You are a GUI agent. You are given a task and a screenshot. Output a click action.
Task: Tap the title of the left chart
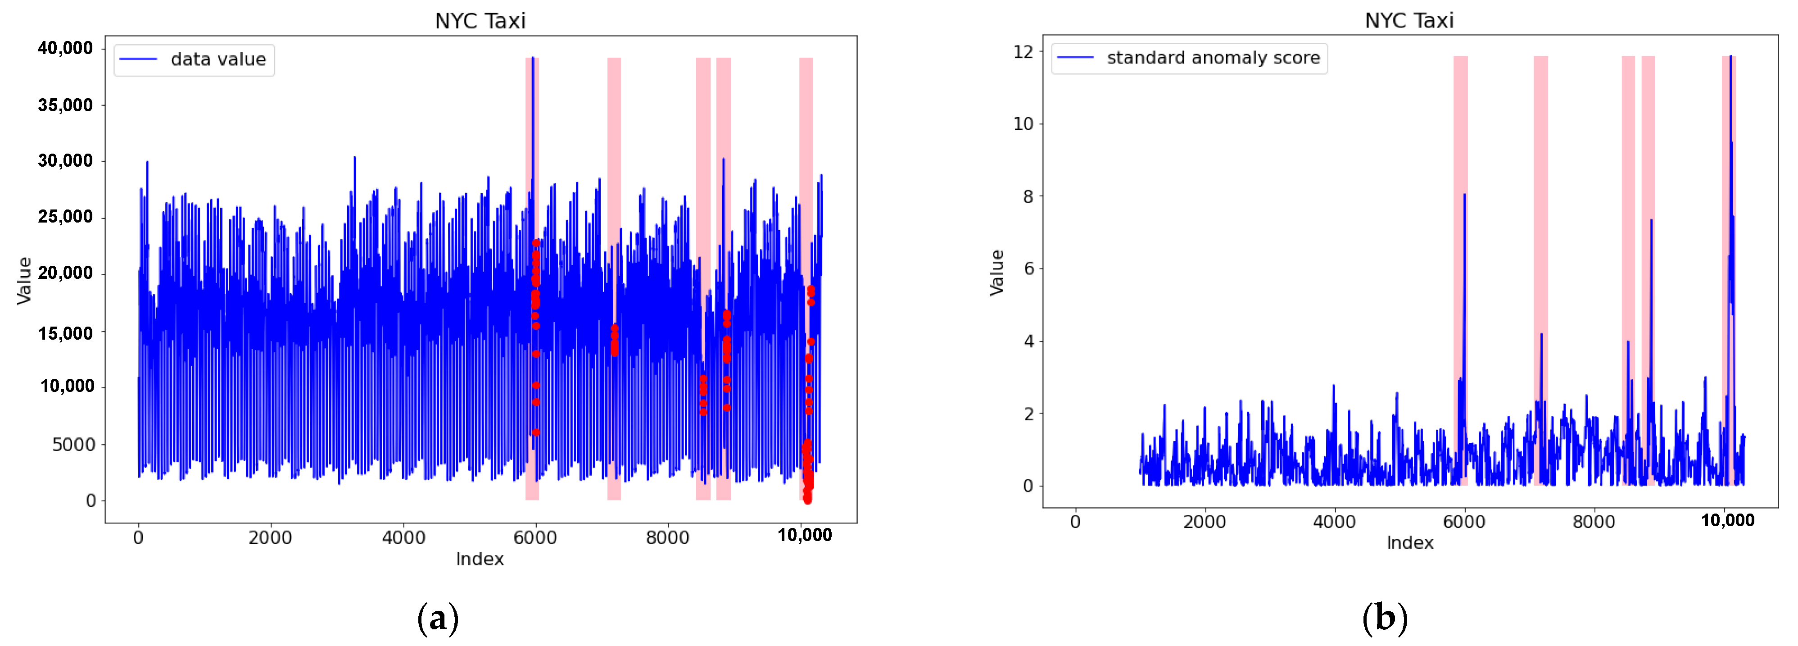tap(480, 21)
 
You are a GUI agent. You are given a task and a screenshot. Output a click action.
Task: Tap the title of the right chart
tap(1409, 20)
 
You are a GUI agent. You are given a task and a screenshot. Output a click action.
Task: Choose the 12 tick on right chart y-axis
tap(1023, 52)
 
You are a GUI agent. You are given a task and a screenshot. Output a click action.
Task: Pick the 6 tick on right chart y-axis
tap(1028, 269)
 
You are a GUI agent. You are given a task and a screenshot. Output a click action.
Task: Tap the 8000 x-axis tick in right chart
tap(1594, 522)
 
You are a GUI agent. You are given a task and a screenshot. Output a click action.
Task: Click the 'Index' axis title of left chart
tap(480, 559)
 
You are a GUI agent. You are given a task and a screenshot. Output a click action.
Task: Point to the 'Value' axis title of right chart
tap(997, 273)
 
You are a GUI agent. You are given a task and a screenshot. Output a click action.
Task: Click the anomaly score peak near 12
tap(1730, 57)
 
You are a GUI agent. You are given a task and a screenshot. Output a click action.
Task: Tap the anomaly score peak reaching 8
tap(1464, 196)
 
